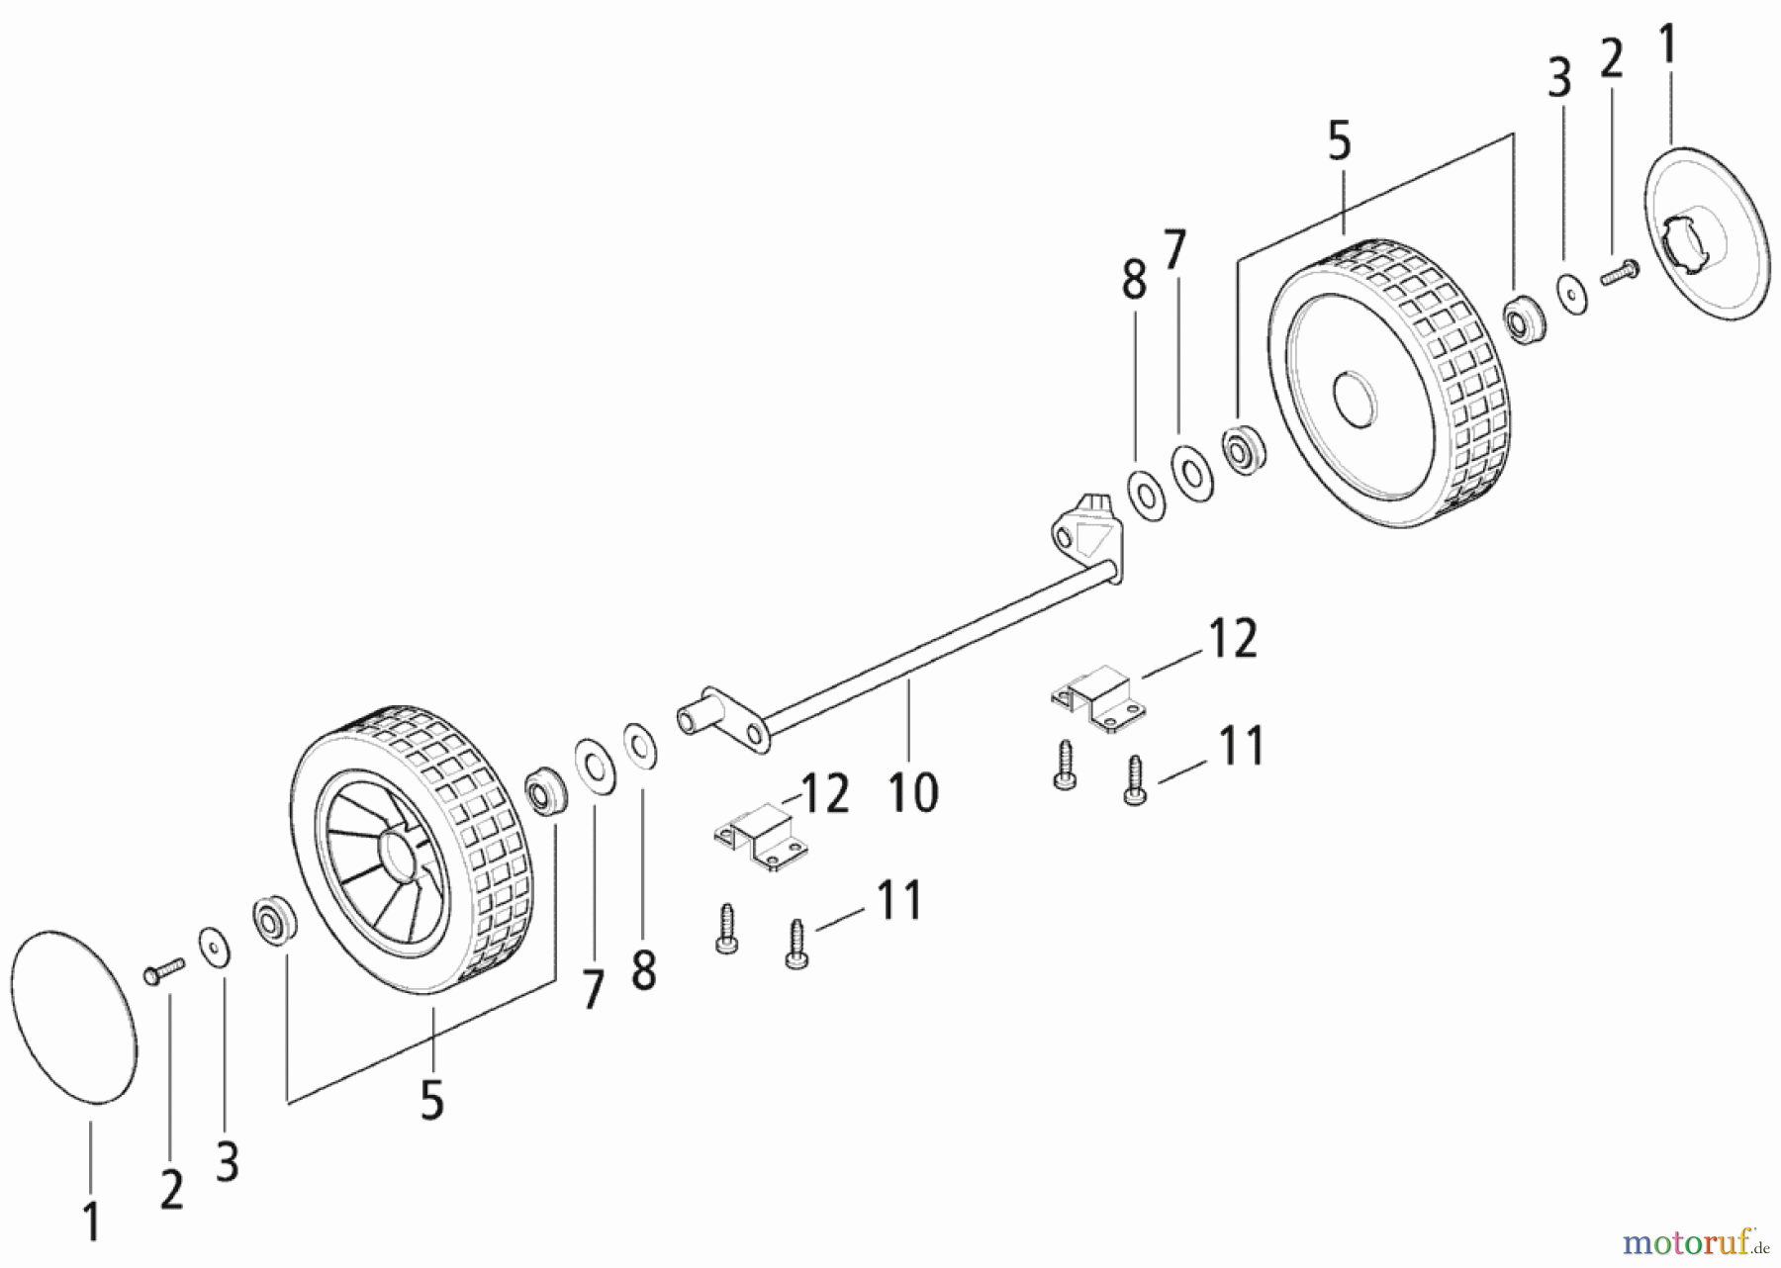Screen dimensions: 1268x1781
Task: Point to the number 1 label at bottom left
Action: (x=91, y=1221)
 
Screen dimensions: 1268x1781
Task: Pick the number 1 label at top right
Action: (x=1667, y=46)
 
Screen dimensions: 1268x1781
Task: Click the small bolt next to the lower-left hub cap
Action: (x=165, y=969)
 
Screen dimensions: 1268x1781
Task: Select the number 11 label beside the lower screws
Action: (x=899, y=899)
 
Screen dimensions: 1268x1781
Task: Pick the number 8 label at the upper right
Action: (x=1134, y=280)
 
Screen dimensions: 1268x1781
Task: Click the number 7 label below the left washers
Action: (x=592, y=990)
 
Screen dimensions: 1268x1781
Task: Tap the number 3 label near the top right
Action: (x=1559, y=78)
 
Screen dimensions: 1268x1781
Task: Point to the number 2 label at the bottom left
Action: (x=171, y=1189)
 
